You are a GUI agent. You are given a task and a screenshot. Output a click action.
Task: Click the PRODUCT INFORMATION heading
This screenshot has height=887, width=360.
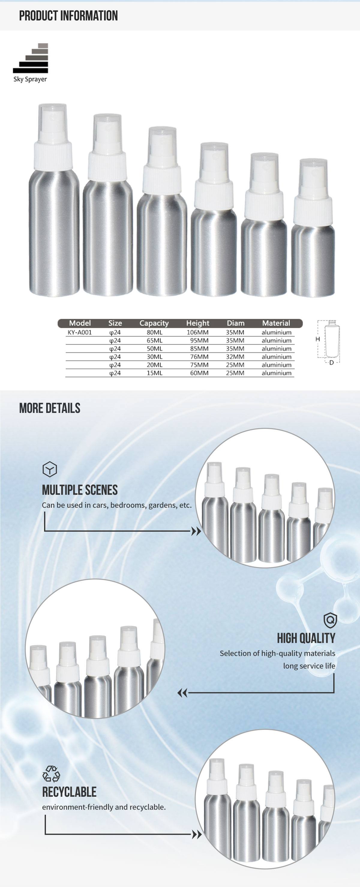(68, 16)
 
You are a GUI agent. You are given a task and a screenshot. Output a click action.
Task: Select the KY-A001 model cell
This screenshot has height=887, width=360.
(79, 332)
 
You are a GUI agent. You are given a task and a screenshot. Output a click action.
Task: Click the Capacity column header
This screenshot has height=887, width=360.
(154, 323)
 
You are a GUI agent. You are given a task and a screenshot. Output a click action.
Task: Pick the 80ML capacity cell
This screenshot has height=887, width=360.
(154, 332)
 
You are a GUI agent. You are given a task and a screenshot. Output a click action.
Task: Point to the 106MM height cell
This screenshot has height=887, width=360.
(198, 332)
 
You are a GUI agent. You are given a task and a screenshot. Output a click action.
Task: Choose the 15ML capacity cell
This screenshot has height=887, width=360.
(154, 373)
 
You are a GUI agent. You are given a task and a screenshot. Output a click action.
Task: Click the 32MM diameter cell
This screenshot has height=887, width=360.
(235, 357)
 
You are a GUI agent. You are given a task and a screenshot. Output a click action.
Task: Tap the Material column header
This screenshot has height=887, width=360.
(276, 323)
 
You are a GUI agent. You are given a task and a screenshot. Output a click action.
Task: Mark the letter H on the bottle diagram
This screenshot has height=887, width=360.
(318, 339)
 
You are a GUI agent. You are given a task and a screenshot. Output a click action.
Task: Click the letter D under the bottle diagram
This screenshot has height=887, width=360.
(331, 363)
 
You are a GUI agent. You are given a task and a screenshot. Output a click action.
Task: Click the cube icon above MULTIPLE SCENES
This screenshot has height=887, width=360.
(49, 469)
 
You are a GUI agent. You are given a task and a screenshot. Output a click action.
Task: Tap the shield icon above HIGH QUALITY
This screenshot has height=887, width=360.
(330, 620)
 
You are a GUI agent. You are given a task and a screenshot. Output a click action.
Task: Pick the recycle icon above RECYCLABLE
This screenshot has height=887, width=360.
(51, 774)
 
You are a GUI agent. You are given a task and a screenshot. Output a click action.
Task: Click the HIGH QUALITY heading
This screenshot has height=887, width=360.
(306, 638)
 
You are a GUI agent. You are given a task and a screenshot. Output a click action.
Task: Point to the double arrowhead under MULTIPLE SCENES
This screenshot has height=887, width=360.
(196, 531)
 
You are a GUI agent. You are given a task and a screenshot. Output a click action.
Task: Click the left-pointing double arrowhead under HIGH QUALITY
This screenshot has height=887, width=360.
(182, 693)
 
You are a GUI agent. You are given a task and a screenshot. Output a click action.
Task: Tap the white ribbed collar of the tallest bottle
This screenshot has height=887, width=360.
(53, 156)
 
